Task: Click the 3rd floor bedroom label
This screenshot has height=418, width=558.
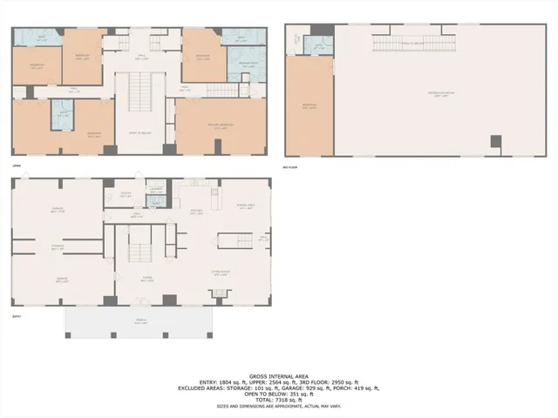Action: click(x=310, y=107)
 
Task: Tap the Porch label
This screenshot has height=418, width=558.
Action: click(x=139, y=323)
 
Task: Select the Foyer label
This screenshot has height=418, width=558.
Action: click(x=148, y=280)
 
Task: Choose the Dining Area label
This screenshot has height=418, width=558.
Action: click(x=246, y=207)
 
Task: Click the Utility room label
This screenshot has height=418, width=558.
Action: click(x=126, y=195)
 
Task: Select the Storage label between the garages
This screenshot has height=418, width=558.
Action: click(x=58, y=247)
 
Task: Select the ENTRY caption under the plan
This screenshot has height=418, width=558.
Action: click(x=16, y=318)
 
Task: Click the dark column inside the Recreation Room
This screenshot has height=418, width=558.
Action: click(x=495, y=141)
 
